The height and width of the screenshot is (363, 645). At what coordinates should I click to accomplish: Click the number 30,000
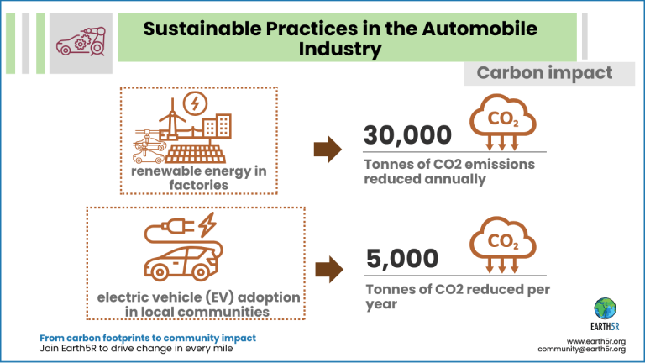[x=407, y=135]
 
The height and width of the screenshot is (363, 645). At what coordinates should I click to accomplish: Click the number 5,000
[x=402, y=259]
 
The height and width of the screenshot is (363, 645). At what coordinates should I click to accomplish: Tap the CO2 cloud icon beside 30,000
[x=502, y=122]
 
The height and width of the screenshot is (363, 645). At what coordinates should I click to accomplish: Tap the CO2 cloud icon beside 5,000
[x=502, y=245]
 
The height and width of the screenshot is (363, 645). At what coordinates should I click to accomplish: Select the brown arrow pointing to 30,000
[x=328, y=149]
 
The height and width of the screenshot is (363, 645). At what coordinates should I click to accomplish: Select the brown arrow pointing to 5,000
[x=329, y=270]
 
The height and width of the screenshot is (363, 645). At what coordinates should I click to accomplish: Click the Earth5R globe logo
[x=605, y=308]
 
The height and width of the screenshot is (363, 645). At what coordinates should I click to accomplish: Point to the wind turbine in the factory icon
[x=172, y=119]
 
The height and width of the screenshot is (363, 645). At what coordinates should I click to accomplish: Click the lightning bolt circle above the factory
[x=196, y=103]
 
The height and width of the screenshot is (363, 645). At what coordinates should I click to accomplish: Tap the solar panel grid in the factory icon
[x=196, y=154]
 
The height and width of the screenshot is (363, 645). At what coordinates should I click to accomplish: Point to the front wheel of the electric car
[x=159, y=272]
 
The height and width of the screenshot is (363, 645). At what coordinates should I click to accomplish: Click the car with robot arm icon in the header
[x=81, y=41]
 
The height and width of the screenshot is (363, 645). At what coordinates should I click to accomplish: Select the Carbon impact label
[x=544, y=73]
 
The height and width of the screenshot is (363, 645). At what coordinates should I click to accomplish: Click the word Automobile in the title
[x=480, y=29]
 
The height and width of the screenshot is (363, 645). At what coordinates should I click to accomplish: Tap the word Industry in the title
[x=340, y=49]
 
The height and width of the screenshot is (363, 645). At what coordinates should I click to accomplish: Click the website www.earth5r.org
[x=596, y=342]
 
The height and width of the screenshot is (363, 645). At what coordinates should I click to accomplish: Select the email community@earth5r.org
[x=582, y=349]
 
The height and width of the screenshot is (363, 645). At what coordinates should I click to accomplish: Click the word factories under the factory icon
[x=199, y=185]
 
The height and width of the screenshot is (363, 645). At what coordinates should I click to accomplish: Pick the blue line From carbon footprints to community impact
[x=148, y=338]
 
